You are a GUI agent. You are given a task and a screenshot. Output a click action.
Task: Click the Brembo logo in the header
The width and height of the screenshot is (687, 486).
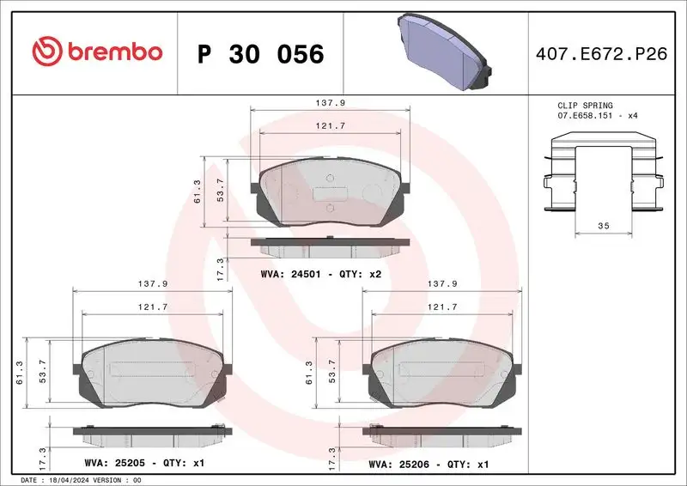pyautogui.click(x=96, y=52)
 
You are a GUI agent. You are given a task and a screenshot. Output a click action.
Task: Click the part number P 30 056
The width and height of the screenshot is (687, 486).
pyautogui.click(x=260, y=54)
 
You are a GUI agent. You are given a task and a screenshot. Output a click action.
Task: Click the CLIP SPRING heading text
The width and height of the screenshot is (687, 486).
pyautogui.click(x=586, y=105)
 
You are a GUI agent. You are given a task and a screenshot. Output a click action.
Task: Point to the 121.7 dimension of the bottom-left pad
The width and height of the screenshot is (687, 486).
pyautogui.click(x=154, y=306)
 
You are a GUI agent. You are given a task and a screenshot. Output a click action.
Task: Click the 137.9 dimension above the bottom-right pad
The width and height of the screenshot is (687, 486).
pyautogui.click(x=443, y=283)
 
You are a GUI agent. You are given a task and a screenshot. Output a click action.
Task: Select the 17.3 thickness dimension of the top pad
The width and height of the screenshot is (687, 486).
pyautogui.click(x=221, y=267)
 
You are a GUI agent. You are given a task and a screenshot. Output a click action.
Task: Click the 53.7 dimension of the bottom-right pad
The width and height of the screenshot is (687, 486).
pyautogui.click(x=331, y=371)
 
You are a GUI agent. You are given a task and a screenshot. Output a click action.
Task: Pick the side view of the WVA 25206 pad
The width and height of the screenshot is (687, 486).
pyautogui.click(x=443, y=435)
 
